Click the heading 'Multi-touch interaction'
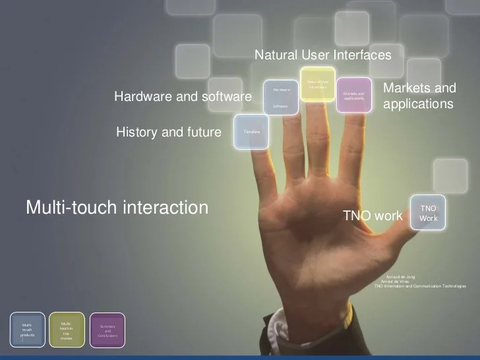[x=117, y=208]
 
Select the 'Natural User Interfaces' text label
[x=323, y=55]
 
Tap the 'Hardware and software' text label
[x=183, y=97]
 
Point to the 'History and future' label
[x=169, y=132]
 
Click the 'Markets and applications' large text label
[x=419, y=96]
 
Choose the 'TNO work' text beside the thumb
[x=373, y=216]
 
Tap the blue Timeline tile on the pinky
[x=252, y=131]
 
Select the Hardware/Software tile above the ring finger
[x=280, y=97]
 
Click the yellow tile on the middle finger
[x=317, y=84]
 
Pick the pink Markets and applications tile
[x=353, y=95]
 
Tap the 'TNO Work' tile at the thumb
[x=428, y=212]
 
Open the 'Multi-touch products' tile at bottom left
[x=28, y=330]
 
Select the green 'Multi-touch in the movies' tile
[x=67, y=330]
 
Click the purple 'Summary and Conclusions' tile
[x=107, y=330]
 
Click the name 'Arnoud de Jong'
[x=400, y=276]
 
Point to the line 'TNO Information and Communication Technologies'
[x=419, y=286]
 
